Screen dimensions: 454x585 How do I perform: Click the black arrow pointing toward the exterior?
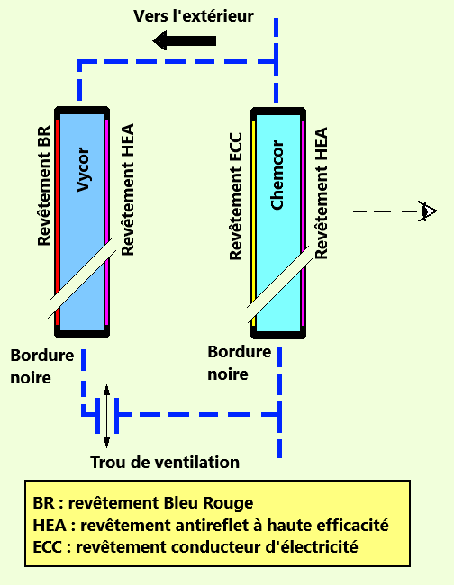tap(185, 40)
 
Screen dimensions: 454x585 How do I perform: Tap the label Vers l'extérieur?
tap(194, 16)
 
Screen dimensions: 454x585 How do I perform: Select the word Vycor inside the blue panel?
tap(83, 170)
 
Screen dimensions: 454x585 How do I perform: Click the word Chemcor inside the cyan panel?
tap(277, 175)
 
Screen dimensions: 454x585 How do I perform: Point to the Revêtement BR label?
tap(44, 185)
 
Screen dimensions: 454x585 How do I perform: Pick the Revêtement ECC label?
tap(236, 196)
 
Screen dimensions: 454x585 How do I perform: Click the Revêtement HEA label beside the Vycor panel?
tap(128, 190)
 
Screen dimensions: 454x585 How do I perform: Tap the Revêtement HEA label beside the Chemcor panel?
tap(321, 193)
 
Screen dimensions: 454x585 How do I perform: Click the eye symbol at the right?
tap(427, 211)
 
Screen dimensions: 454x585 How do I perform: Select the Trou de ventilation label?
tap(165, 463)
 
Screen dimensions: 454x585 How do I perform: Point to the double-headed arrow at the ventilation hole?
tap(107, 416)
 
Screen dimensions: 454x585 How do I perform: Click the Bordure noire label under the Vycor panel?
tap(41, 366)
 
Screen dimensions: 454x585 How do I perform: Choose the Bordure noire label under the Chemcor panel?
tap(239, 363)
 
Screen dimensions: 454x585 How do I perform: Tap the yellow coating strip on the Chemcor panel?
tap(253, 223)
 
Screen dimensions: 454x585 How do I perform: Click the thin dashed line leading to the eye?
tap(386, 211)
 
